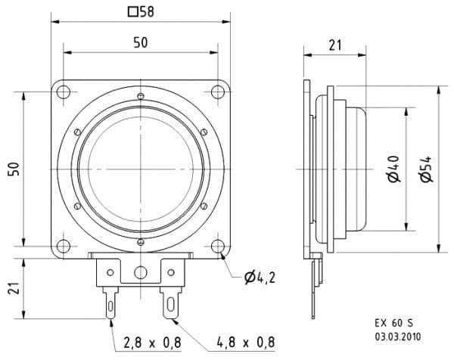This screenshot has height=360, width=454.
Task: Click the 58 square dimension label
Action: [x=141, y=12]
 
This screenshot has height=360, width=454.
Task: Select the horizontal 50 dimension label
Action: [x=141, y=43]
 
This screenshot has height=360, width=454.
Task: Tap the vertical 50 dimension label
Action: [x=14, y=169]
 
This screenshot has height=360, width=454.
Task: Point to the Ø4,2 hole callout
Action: [x=260, y=278]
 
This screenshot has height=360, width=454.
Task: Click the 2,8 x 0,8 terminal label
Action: [x=152, y=343]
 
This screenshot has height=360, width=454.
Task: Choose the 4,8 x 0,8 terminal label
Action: [x=245, y=343]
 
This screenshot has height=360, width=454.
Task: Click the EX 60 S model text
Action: [x=394, y=323]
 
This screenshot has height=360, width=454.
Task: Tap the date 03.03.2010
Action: [x=398, y=337]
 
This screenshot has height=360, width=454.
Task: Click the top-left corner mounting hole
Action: [x=64, y=92]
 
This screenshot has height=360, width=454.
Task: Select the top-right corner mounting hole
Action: [x=218, y=92]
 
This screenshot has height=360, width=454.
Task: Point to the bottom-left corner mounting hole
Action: [x=64, y=247]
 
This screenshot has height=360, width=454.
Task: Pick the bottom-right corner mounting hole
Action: [x=218, y=247]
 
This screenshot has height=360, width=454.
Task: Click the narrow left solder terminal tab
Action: [x=111, y=303]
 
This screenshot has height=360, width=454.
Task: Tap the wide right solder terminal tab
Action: [x=171, y=303]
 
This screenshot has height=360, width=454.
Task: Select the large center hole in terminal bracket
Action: [x=141, y=272]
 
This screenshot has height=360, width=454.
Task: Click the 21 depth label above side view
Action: [x=335, y=45]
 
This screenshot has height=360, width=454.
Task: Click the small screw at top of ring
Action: [x=141, y=96]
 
